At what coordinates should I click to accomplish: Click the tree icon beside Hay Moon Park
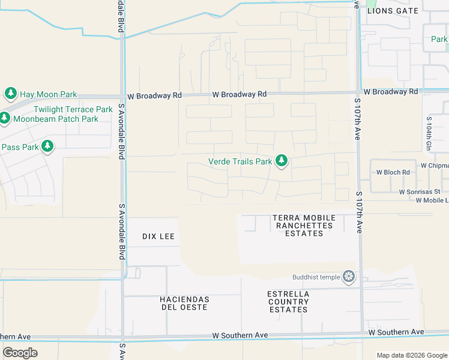(10, 94)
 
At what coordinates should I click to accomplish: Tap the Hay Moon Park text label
(49, 94)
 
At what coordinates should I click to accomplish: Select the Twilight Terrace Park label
(73, 109)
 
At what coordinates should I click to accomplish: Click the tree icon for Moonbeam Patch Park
(4, 118)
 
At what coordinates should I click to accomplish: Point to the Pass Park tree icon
(47, 146)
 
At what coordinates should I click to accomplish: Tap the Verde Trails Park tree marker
(281, 161)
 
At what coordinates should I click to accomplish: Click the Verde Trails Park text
(240, 161)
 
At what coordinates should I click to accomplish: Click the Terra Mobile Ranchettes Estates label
(303, 225)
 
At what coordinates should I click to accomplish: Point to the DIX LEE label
(158, 236)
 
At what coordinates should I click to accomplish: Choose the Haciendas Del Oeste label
(185, 303)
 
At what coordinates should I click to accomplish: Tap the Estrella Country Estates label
(288, 302)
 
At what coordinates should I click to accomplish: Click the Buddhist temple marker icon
(349, 277)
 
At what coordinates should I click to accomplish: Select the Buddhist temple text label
(316, 277)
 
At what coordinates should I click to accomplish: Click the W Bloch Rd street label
(393, 172)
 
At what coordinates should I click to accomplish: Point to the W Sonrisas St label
(420, 191)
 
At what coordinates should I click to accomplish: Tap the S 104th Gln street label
(429, 134)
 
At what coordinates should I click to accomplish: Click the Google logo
(20, 352)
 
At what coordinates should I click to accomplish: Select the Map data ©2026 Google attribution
(412, 355)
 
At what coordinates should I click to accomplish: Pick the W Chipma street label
(435, 165)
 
